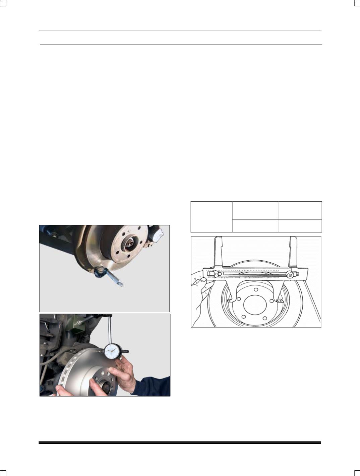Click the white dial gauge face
pos(111,352)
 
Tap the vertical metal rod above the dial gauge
pos(109,330)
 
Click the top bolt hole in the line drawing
pos(256,290)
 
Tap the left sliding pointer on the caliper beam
pos(216,274)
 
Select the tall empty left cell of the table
pos(211,217)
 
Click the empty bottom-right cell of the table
pos(300,226)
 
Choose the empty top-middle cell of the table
pos(255,210)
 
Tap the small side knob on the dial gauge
pos(126,352)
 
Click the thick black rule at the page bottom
pos(180,443)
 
